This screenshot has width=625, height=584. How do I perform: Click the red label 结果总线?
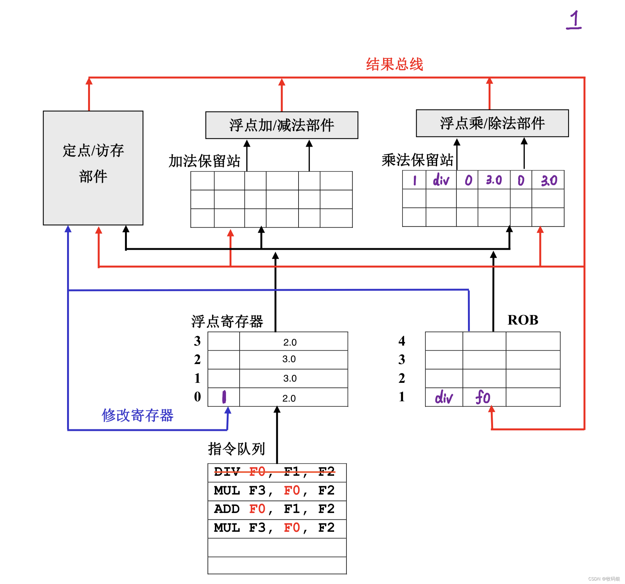(394, 64)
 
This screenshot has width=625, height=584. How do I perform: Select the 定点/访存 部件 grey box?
(93, 168)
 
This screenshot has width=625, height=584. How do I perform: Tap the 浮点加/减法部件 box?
(282, 125)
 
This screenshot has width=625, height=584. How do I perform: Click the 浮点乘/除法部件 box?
(492, 123)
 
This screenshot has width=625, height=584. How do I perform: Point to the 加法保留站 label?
(204, 161)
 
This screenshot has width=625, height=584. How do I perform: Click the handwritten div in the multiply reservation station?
(441, 180)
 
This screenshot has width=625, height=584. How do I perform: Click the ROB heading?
(523, 320)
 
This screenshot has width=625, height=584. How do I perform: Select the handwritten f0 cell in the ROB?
(483, 397)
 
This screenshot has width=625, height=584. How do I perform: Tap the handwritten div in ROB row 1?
(443, 398)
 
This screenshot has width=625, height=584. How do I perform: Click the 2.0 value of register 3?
(290, 342)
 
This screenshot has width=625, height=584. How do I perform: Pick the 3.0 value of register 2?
(289, 359)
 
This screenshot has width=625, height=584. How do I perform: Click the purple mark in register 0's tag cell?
(224, 397)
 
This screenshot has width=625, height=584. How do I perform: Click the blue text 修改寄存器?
(137, 415)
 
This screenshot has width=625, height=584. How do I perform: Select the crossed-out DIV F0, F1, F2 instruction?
(274, 472)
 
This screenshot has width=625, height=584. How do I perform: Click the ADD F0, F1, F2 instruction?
(274, 509)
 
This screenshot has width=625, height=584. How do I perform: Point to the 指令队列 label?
(236, 449)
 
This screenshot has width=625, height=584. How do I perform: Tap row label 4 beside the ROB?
(402, 341)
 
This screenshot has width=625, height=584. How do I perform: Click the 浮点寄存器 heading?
(227, 321)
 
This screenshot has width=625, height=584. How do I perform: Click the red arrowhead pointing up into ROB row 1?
(491, 409)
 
